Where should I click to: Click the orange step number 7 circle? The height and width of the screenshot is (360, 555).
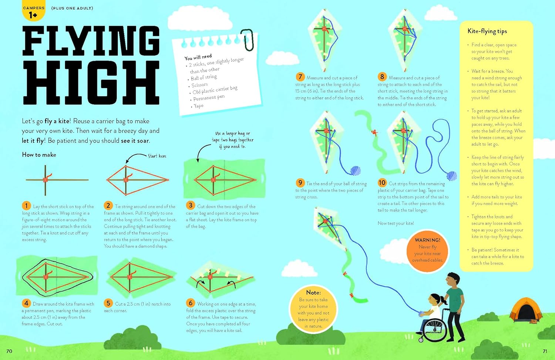(x=300, y=77)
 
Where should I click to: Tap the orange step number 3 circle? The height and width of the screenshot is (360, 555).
(x=190, y=205)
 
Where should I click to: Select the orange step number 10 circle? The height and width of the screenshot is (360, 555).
(x=382, y=183)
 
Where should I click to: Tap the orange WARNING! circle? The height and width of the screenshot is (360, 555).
(x=427, y=251)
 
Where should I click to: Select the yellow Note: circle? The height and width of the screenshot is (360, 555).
(x=313, y=309)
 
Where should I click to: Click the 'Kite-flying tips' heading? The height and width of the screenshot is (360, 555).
(x=487, y=31)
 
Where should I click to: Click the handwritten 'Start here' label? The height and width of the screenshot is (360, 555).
(x=157, y=156)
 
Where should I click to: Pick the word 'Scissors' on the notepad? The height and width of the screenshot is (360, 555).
(x=199, y=85)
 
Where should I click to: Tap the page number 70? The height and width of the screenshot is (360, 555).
(x=9, y=351)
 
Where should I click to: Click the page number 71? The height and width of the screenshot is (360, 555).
(x=545, y=351)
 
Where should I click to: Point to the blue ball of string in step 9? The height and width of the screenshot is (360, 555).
(x=356, y=171)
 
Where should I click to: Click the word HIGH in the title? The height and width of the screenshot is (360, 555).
(x=91, y=83)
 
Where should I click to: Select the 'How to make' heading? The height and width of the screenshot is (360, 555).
(x=39, y=155)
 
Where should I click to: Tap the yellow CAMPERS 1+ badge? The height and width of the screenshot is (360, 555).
(x=33, y=10)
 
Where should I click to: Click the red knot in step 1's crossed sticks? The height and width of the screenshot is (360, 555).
(x=46, y=179)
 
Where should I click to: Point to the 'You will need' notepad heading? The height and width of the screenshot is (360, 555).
(x=198, y=57)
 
